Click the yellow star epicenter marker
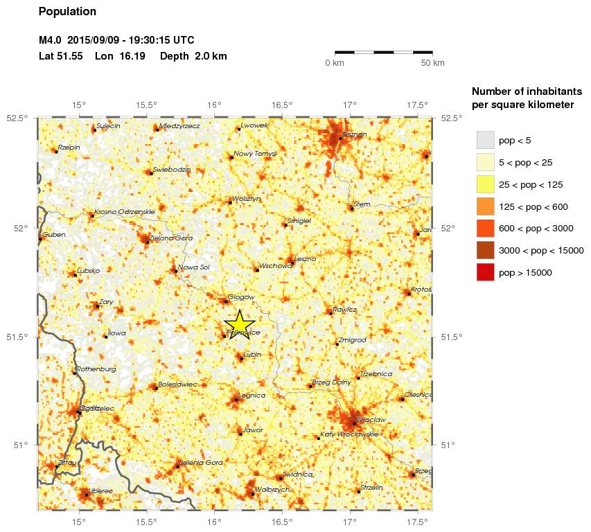(x=240, y=323)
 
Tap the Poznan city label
(x=354, y=134)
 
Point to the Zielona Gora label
(x=171, y=238)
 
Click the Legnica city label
(x=251, y=396)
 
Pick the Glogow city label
(x=242, y=297)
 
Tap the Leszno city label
(x=305, y=259)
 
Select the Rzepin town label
(x=69, y=147)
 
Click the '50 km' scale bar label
(x=433, y=63)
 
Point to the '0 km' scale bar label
(x=335, y=63)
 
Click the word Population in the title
(x=67, y=12)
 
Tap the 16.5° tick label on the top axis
(x=281, y=105)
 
